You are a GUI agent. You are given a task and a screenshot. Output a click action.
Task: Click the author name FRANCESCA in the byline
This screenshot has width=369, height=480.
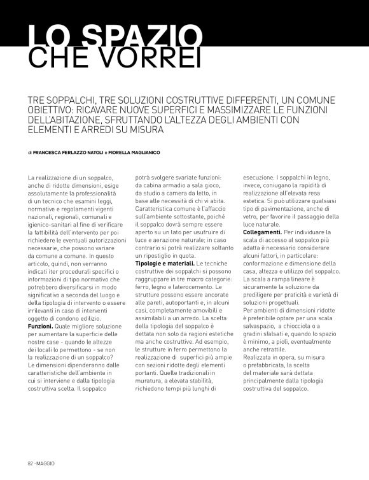(x=50, y=152)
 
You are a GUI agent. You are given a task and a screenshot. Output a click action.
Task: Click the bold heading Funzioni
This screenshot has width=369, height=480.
(x=40, y=325)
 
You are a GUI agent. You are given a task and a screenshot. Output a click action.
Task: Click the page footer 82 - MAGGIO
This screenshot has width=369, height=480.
(x=40, y=463)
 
